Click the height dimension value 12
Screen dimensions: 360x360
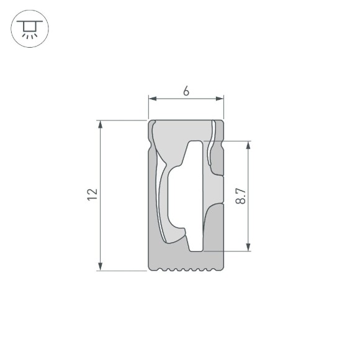[x=92, y=195]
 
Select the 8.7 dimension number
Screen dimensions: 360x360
[x=241, y=196]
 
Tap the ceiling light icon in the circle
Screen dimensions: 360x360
[x=29, y=29]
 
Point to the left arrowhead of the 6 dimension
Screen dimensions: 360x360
[x=151, y=99]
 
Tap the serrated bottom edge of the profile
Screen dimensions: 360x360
[x=186, y=270]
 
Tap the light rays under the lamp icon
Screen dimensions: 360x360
[x=29, y=36]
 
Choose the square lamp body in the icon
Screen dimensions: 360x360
[x=29, y=27]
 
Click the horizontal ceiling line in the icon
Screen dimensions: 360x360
[x=29, y=23]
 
